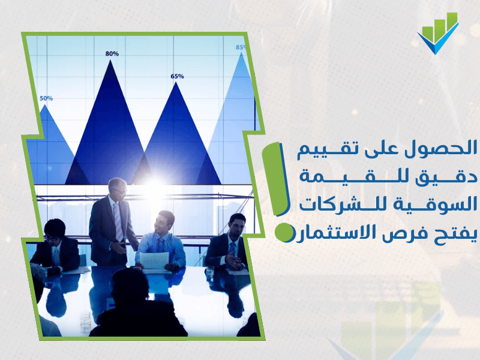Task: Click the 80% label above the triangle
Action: (x=112, y=53)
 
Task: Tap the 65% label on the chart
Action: (x=177, y=76)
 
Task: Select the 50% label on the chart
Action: (x=46, y=98)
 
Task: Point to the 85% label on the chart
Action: (x=241, y=47)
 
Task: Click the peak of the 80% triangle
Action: (x=110, y=60)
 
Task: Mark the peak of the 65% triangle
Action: (x=176, y=82)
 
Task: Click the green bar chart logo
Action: (x=438, y=33)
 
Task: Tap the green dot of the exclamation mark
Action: (x=283, y=232)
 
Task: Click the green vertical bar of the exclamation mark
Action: (x=275, y=179)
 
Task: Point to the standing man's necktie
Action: (x=118, y=221)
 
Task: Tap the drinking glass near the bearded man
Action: (x=210, y=272)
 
